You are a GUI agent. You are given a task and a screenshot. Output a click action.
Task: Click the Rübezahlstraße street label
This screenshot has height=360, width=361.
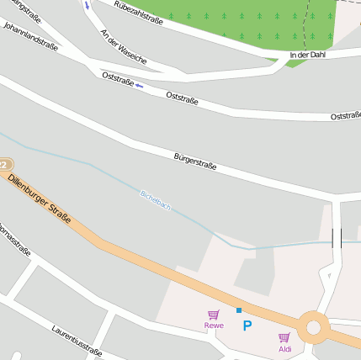pos(138,13)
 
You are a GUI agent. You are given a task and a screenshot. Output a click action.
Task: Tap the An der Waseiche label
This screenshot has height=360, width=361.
pos(123,48)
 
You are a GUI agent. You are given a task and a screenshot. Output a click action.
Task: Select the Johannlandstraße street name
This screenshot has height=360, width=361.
pos(30,36)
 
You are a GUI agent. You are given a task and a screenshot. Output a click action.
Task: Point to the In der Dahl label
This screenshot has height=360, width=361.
pos(306,55)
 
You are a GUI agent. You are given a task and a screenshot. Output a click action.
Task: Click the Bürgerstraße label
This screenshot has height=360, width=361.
pos(195,161)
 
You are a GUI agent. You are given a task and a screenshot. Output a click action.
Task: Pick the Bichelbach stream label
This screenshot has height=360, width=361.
pos(155,199)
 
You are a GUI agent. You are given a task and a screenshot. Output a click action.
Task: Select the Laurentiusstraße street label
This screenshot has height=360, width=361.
pos(77,341)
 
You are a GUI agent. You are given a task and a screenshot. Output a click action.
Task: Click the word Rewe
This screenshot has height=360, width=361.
pos(214,325)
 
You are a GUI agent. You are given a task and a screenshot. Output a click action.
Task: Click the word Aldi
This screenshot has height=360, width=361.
pos(285,348)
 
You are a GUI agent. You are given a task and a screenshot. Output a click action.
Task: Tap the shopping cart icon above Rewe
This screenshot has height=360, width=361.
pos(213,315)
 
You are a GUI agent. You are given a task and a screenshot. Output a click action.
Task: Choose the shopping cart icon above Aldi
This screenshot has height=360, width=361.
pos(284,337)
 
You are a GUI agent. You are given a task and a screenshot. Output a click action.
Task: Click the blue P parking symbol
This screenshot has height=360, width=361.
pos(247,325)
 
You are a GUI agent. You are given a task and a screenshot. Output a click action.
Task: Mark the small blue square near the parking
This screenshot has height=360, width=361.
pos(239,310)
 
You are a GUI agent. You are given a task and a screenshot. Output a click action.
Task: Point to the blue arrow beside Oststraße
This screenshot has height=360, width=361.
pos(139,85)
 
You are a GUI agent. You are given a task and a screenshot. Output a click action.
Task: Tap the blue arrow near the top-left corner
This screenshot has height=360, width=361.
pos(86,5)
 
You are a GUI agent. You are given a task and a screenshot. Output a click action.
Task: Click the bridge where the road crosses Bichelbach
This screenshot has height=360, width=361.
pos(337,239)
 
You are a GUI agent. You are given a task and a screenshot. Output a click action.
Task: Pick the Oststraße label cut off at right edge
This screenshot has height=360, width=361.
pos(345,116)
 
